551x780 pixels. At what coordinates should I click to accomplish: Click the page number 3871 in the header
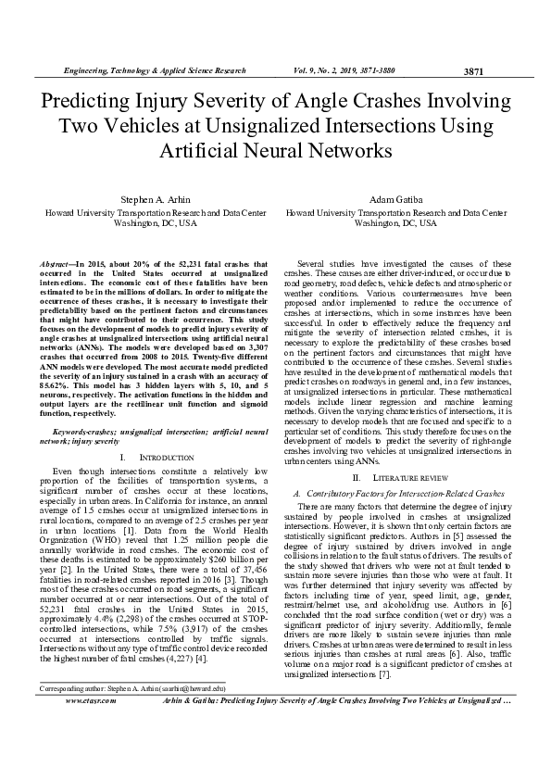pos(472,72)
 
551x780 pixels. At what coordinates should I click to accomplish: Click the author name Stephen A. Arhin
pos(155,200)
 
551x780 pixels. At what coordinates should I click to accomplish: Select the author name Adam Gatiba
pos(395,200)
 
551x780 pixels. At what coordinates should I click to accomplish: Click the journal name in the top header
pos(154,71)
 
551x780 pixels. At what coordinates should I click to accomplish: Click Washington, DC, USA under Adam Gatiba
pos(395,223)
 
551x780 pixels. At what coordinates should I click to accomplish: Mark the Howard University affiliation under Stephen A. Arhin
pos(155,212)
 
